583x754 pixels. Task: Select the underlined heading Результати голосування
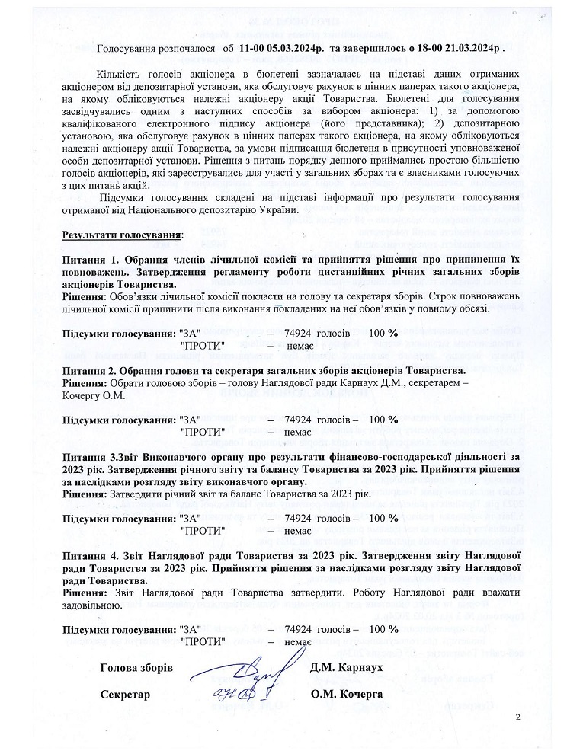[x=122, y=235]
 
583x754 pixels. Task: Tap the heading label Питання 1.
[x=91, y=260]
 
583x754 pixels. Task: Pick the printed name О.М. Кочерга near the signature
[x=347, y=695]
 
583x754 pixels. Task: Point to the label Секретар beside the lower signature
[x=125, y=695]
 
